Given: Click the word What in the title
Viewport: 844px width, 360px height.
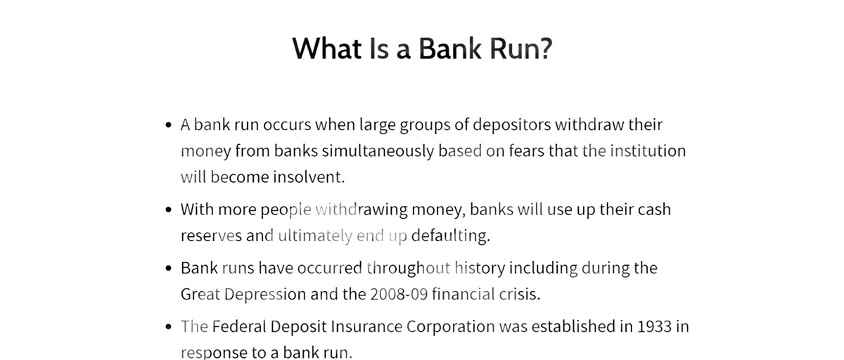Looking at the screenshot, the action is (326, 49).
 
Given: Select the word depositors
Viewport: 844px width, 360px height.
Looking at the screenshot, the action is (512, 125).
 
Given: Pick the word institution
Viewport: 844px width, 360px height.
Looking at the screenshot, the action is (648, 150).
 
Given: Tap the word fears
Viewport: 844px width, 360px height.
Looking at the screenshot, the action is (527, 150).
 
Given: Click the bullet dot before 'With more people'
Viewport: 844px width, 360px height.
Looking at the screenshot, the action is (168, 210).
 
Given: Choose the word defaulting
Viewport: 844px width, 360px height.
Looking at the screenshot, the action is (451, 236).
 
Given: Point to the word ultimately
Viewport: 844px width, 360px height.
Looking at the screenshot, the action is (315, 236).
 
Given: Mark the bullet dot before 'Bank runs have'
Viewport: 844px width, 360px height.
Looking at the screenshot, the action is (168, 269).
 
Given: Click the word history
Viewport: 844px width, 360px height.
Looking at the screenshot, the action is (480, 268).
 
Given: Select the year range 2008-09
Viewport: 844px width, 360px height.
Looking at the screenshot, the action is (399, 294).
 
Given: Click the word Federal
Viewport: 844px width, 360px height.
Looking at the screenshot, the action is (239, 326).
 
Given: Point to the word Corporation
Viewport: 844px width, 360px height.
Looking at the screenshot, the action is (451, 326).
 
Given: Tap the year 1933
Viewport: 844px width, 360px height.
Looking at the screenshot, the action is (655, 326).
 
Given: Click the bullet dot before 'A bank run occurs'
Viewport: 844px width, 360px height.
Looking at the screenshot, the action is (168, 125).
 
